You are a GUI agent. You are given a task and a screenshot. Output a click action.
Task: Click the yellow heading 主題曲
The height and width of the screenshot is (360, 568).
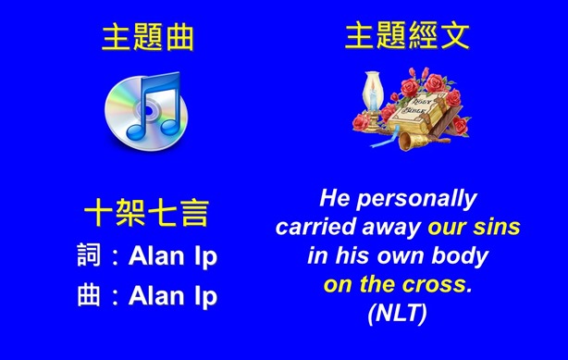[147, 38]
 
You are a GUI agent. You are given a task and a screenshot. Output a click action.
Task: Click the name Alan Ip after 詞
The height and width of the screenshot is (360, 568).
[174, 256]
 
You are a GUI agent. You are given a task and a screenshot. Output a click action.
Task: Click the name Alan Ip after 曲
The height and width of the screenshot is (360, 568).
[174, 297]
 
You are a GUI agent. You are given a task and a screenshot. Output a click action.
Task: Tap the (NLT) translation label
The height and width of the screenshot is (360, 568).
[397, 314]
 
